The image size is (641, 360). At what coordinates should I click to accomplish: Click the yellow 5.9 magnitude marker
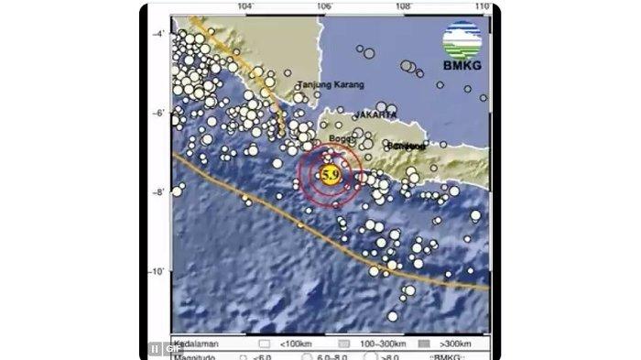(329, 174)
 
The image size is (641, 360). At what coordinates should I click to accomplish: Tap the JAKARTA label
(378, 115)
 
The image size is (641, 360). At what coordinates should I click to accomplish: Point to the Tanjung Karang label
(331, 85)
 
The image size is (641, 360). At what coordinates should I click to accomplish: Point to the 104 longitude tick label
(244, 8)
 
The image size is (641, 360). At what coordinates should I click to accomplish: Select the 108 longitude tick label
(403, 8)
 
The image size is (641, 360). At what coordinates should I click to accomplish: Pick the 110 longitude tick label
(483, 8)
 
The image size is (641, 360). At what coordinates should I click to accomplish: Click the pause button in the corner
(154, 350)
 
